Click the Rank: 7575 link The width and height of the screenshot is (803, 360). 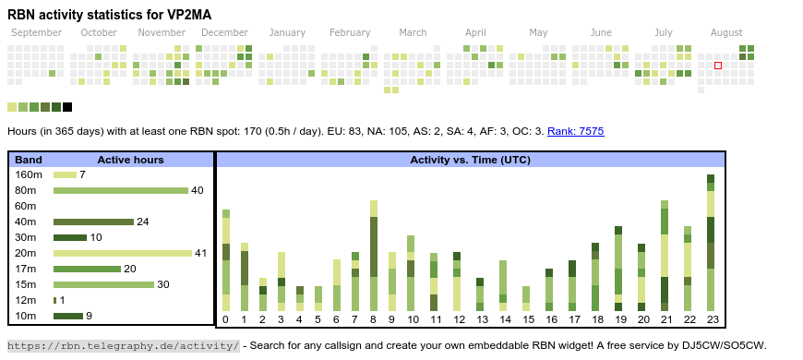(x=576, y=131)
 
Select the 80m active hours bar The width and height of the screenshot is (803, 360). (x=121, y=190)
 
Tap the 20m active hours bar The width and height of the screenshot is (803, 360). (x=123, y=253)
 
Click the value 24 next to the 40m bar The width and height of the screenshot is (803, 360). (x=142, y=222)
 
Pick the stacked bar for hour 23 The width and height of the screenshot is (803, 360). (x=711, y=243)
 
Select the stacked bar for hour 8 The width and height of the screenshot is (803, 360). (x=373, y=256)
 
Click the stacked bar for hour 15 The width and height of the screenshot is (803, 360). (x=526, y=298)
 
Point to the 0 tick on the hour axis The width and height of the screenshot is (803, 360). (x=226, y=320)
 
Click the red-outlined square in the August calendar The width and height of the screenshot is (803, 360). (x=718, y=66)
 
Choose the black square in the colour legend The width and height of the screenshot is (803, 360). (x=67, y=107)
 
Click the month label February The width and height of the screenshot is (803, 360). (x=350, y=33)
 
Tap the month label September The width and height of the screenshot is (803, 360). (x=36, y=33)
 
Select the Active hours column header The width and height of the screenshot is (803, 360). (x=130, y=160)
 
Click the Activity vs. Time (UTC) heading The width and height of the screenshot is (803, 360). (x=470, y=160)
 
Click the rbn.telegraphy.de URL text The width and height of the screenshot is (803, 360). (x=124, y=345)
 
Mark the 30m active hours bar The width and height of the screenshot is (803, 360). (x=70, y=237)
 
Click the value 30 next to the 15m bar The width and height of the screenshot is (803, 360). (x=162, y=284)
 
